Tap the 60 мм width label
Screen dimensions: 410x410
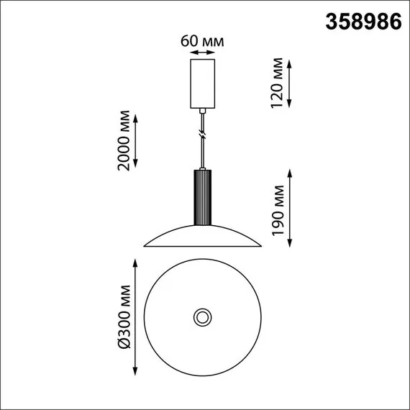(x=202, y=40)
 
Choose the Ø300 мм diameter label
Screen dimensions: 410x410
(x=124, y=317)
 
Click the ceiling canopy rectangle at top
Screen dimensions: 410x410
(x=202, y=83)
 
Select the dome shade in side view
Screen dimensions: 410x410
(x=202, y=237)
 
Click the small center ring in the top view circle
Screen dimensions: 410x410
(x=202, y=316)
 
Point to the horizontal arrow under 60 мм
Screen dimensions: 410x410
(x=202, y=53)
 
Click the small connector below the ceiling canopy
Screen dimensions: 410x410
(x=202, y=111)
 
